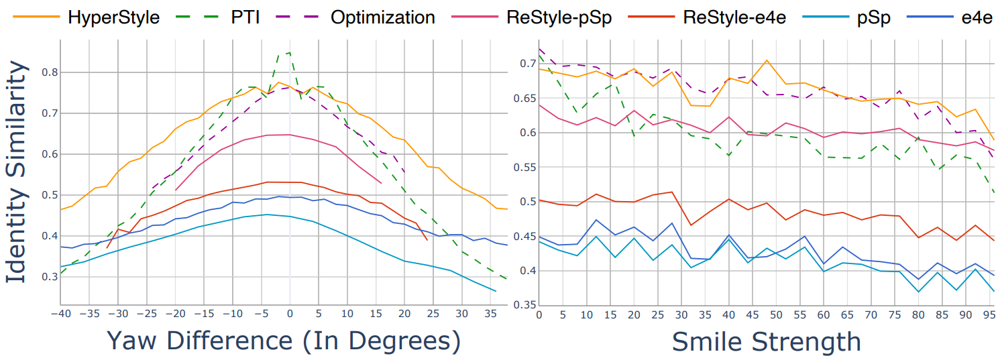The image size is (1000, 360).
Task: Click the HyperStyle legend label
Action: click(113, 18)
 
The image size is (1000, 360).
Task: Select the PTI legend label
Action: click(245, 17)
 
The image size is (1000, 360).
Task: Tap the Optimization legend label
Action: click(382, 18)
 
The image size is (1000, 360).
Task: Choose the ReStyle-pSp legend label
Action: click(559, 18)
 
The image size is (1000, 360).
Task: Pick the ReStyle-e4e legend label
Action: click(734, 18)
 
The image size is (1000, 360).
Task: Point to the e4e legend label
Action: click(977, 18)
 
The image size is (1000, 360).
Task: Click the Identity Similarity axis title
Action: click(17, 172)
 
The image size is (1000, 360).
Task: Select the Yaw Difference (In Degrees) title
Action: click(284, 341)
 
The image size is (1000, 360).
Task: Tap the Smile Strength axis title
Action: click(766, 342)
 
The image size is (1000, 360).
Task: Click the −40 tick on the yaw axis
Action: click(61, 314)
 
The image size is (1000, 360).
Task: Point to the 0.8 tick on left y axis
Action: click(50, 72)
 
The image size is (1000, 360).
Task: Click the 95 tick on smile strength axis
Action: click(989, 315)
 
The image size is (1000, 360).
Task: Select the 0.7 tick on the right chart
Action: click(528, 64)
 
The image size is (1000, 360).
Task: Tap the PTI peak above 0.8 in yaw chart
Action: click(290, 53)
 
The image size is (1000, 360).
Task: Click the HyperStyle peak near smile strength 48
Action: click(766, 60)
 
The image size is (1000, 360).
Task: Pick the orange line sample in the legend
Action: click(36, 17)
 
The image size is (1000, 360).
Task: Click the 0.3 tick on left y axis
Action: click(50, 277)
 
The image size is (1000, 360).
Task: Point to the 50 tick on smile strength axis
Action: click(776, 315)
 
